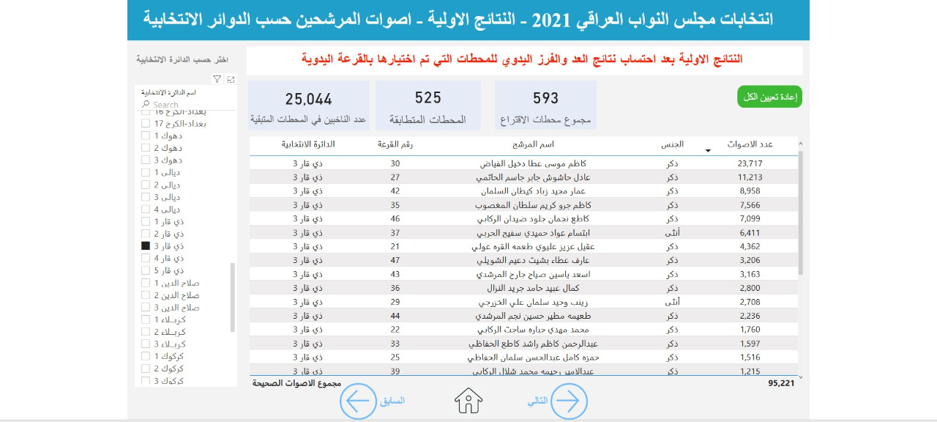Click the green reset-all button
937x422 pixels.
click(x=769, y=97)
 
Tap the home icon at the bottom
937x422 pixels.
click(x=468, y=401)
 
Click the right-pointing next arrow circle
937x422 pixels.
click(x=569, y=401)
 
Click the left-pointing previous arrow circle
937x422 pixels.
click(x=358, y=401)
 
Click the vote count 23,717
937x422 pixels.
click(x=750, y=163)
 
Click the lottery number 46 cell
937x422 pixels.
click(x=395, y=218)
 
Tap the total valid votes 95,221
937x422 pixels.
click(x=781, y=382)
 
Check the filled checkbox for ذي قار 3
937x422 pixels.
click(x=146, y=246)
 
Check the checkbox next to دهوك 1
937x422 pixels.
click(x=146, y=136)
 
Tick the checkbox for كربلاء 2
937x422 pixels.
click(x=146, y=332)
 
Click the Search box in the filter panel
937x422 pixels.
click(x=190, y=105)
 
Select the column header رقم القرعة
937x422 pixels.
click(x=395, y=144)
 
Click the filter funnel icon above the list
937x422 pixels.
click(x=217, y=79)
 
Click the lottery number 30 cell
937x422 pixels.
click(x=395, y=163)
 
